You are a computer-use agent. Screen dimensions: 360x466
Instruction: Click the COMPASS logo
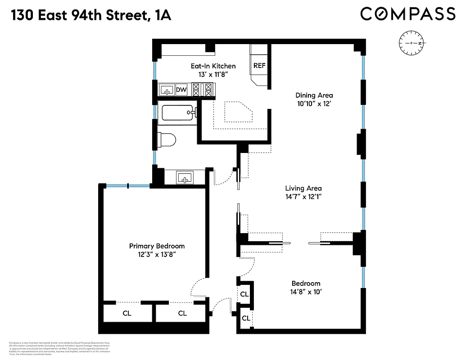pos(407,14)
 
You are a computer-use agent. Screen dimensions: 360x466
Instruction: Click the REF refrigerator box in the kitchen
pos(259,66)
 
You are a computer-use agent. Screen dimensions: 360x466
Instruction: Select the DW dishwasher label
pos(181,90)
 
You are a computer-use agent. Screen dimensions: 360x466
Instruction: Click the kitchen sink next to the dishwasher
pos(167,90)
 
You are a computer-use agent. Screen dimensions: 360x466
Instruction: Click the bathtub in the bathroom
pos(177,112)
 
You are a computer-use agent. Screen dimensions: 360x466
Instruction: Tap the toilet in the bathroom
pos(167,139)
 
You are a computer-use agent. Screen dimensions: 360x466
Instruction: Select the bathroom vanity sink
pos(185,177)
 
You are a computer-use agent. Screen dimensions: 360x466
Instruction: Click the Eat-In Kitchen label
pos(213,66)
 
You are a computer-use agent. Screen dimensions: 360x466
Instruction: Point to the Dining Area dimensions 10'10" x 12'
pos(314,104)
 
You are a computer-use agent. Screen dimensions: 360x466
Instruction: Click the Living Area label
pos(303,189)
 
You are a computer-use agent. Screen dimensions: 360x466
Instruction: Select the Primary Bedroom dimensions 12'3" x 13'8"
pos(157,255)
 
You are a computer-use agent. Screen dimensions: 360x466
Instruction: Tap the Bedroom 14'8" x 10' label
pos(306,287)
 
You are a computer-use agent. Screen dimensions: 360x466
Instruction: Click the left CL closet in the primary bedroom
pos(127,313)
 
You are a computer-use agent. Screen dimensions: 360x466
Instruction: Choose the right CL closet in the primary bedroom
pos(182,313)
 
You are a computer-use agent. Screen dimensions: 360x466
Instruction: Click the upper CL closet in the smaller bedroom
pos(244,294)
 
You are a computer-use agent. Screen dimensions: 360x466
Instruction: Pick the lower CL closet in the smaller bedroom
pos(246,318)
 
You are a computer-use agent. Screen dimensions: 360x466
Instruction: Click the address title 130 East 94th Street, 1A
pos(90,15)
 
